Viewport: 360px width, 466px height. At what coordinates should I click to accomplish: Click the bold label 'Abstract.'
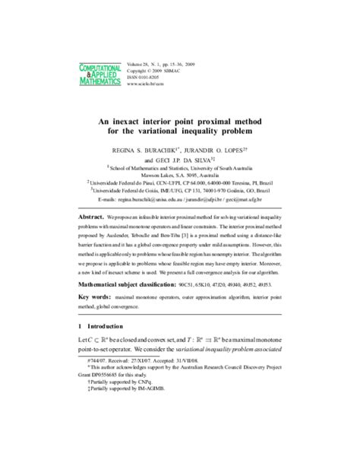point(92,217)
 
